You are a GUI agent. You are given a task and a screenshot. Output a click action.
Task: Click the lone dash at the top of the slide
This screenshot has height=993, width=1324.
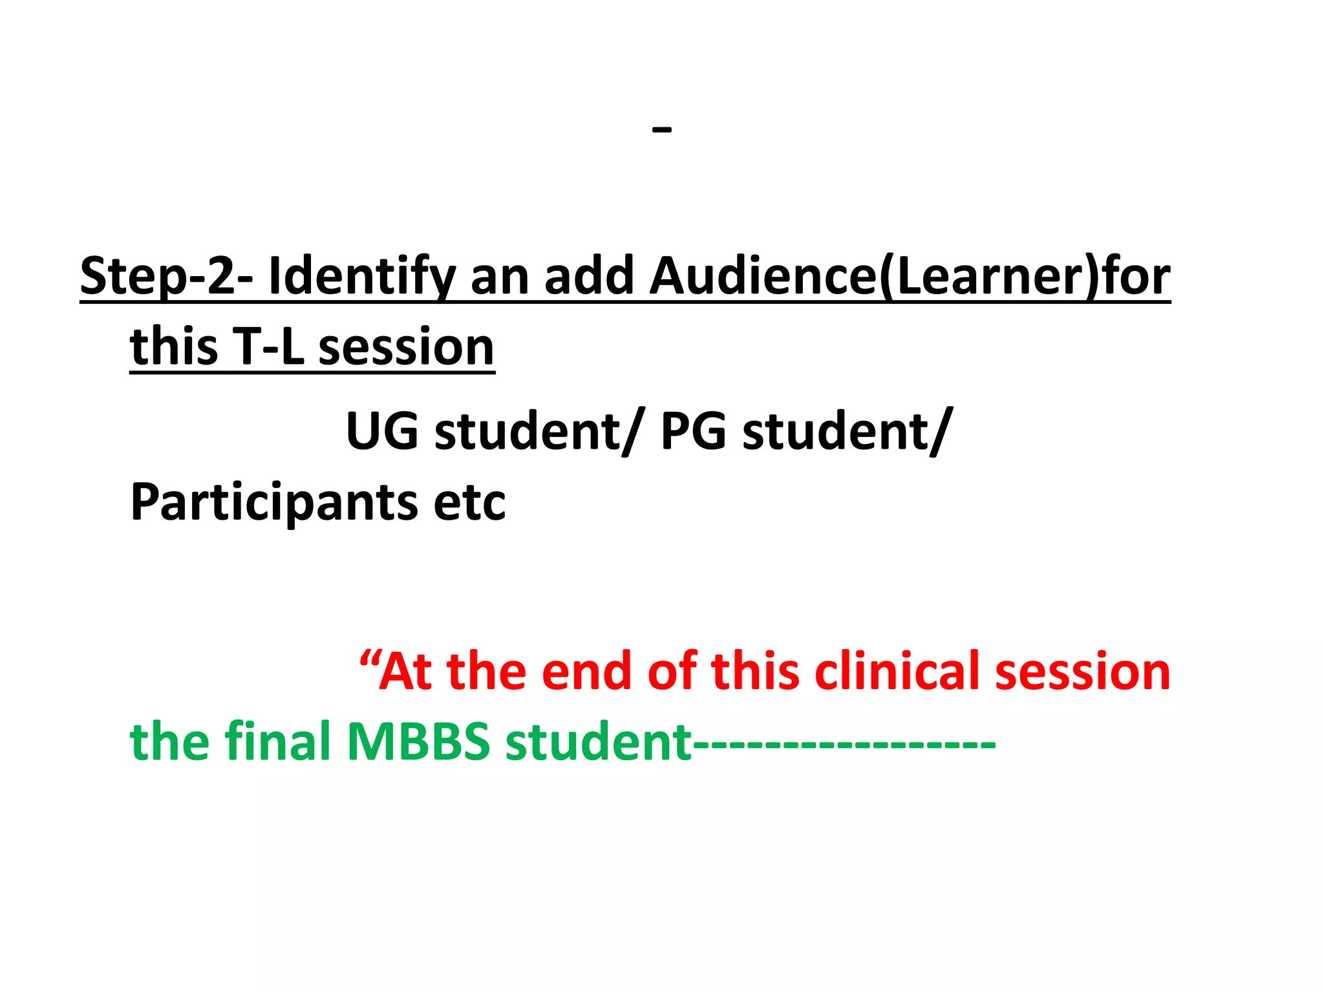point(662,130)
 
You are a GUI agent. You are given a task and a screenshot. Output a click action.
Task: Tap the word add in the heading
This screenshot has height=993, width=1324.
point(589,276)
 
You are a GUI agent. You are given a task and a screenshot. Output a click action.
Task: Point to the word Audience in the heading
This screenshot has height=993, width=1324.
point(763,276)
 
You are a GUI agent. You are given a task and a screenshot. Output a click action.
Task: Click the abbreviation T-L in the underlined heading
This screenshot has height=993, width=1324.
point(268,347)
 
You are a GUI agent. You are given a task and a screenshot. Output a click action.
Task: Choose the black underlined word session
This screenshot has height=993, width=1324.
point(407,347)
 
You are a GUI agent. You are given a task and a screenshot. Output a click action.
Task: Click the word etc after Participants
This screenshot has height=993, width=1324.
point(470,502)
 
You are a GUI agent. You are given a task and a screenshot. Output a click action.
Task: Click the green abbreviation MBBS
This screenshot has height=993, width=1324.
point(419,742)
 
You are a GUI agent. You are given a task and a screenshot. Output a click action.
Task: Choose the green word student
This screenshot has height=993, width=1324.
point(599,742)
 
